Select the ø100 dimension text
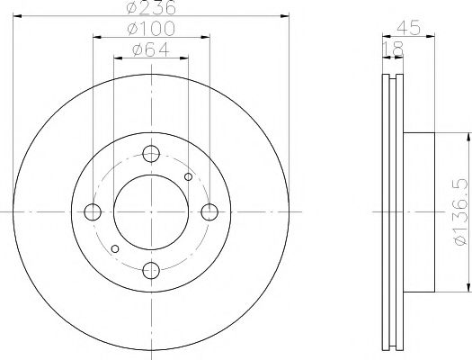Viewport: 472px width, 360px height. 151,29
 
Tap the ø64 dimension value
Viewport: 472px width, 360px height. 151,49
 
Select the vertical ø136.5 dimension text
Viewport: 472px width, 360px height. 458,211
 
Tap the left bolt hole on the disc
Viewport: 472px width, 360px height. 92,212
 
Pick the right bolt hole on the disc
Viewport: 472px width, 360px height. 209,212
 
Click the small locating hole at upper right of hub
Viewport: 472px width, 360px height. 188,176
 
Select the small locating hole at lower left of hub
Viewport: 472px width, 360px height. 113,248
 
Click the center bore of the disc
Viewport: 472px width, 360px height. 151,212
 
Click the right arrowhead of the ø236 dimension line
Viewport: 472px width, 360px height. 285,15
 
